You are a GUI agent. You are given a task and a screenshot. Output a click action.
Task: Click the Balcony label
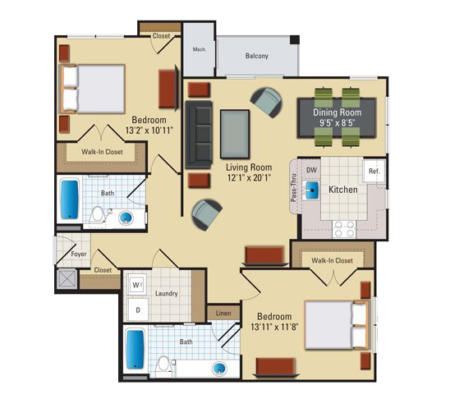(x=256, y=55)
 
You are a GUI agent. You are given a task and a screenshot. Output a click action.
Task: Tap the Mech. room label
(x=200, y=49)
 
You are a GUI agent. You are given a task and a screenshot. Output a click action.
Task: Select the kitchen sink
(x=310, y=190)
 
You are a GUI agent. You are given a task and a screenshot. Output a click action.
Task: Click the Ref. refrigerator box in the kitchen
(x=374, y=172)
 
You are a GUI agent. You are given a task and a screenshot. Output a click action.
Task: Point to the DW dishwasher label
(x=311, y=170)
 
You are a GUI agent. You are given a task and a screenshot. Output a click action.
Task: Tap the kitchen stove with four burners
(x=344, y=229)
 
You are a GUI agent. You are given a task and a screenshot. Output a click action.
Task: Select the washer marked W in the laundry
(x=137, y=285)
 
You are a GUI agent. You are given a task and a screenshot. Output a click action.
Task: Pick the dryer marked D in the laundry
(x=138, y=309)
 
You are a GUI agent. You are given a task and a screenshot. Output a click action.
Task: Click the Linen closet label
(x=223, y=313)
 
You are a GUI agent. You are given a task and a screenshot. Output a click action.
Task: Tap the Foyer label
(x=79, y=254)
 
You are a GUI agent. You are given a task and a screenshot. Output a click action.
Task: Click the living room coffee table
(x=235, y=134)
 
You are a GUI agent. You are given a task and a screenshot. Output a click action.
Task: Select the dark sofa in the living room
(x=199, y=135)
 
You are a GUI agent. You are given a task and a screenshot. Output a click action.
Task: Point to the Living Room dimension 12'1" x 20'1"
(x=249, y=177)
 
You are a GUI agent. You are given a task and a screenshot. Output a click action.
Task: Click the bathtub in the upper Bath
(x=70, y=199)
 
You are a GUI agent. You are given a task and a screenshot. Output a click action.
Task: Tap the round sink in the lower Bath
(x=219, y=369)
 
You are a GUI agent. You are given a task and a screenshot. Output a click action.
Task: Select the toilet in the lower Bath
(x=164, y=366)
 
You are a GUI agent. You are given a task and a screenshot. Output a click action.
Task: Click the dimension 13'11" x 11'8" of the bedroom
(x=274, y=327)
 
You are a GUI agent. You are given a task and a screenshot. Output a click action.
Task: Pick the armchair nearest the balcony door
(x=267, y=102)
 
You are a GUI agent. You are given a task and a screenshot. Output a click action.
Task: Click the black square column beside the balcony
(x=295, y=39)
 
